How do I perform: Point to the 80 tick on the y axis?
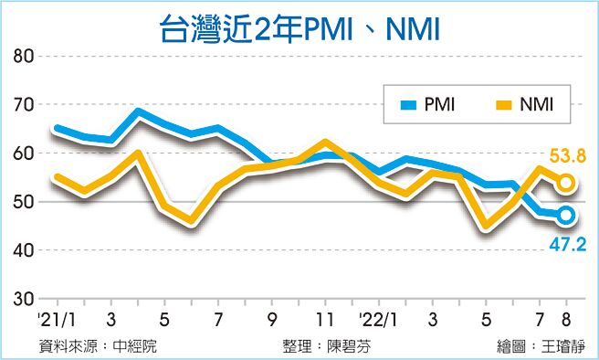(24, 57)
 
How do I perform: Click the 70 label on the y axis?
(24, 105)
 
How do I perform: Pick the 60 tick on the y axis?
(24, 154)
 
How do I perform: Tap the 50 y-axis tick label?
(24, 202)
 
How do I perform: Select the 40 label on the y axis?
(24, 250)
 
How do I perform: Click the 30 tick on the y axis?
(24, 299)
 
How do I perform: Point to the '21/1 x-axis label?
(56, 320)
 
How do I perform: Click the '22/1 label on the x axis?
(378, 320)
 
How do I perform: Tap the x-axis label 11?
(324, 320)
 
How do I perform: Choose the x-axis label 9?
(271, 320)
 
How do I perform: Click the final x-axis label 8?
(567, 320)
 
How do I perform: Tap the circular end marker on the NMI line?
(566, 183)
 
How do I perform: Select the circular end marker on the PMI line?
(566, 216)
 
